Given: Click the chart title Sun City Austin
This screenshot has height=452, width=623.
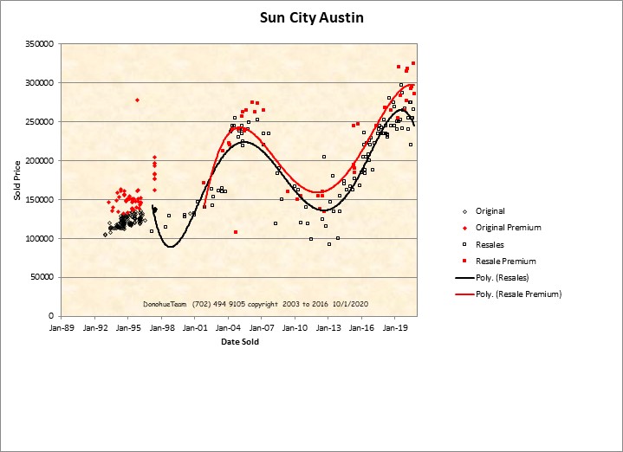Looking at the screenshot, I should point(312,17).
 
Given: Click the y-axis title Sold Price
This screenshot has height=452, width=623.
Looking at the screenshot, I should point(16,180).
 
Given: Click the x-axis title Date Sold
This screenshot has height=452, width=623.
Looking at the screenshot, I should point(239,341).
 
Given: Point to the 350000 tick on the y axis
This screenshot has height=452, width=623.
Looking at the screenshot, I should point(40,44).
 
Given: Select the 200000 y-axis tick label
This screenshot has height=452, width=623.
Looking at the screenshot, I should point(40,161).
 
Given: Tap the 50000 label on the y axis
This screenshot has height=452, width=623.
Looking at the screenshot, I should point(42,278).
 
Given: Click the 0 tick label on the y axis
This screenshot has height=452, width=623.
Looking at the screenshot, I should point(52,317).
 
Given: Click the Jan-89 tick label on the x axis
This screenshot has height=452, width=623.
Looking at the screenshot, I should point(62,329).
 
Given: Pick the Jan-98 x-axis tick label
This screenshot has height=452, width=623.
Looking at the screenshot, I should point(162,329).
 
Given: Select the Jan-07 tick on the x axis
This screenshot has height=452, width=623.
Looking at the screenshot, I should point(262,329).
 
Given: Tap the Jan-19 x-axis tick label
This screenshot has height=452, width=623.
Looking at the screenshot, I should point(396,329).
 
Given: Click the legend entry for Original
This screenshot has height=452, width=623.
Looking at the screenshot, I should point(490,211).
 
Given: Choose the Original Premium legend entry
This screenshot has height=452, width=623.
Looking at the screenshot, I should point(508,228).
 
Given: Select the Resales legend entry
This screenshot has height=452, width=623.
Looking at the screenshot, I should point(490,244).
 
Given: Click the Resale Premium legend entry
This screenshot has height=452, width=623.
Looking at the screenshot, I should point(506,261).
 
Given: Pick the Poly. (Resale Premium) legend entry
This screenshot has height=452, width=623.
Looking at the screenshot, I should point(518,294).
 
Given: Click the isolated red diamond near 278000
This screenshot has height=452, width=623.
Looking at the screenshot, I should point(137,100).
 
